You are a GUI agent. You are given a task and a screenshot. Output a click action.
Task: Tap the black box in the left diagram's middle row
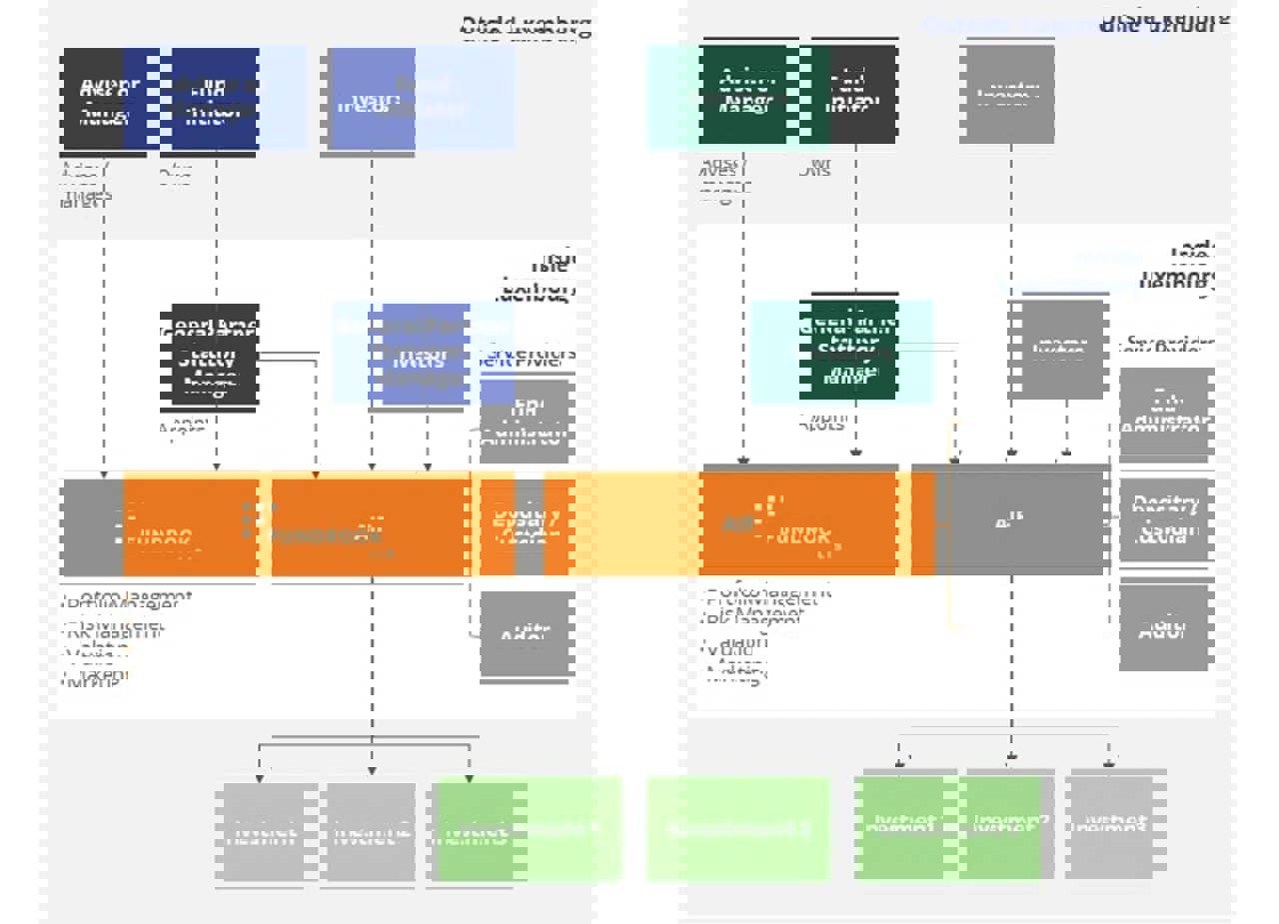tap(215, 355)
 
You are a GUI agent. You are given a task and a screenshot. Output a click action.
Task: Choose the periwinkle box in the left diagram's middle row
tap(426, 355)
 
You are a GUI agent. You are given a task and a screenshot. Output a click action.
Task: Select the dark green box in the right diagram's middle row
tap(853, 352)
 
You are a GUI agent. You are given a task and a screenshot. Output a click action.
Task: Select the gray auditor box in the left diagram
tap(526, 635)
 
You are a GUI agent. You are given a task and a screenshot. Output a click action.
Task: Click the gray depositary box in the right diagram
tap(1165, 519)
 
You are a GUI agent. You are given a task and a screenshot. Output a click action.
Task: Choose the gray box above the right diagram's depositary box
tap(1165, 412)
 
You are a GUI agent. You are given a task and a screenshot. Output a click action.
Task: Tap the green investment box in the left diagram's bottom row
tap(476, 831)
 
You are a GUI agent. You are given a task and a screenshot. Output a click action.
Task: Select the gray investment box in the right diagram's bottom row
tap(1109, 823)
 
